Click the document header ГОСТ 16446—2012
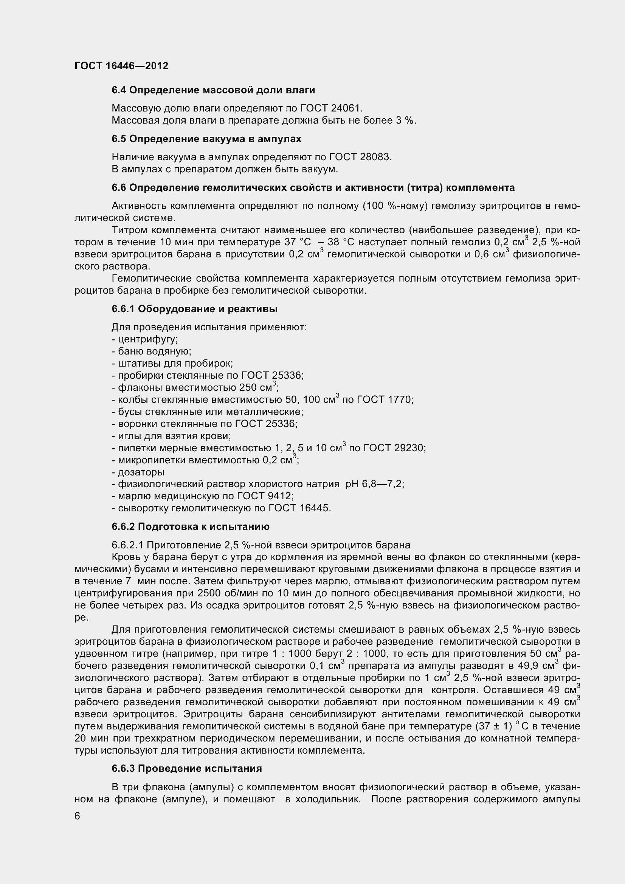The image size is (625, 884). coord(121,66)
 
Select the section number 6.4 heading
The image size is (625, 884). coord(119,90)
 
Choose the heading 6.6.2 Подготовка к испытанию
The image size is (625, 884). coord(190,526)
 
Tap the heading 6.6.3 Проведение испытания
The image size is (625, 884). coord(187,768)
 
